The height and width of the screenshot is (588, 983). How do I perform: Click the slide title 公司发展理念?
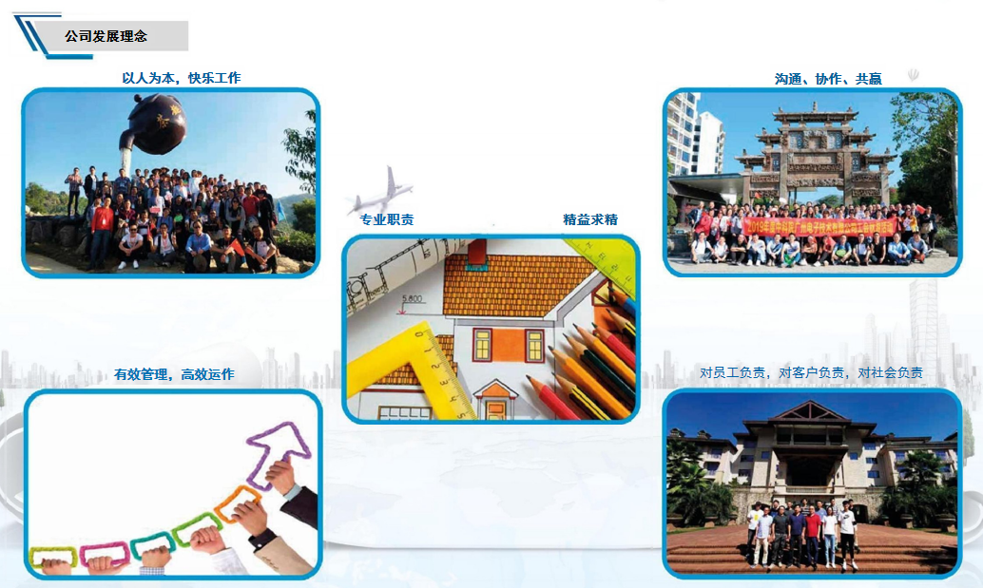tap(106, 37)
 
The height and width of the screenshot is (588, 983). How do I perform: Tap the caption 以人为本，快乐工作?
tap(182, 78)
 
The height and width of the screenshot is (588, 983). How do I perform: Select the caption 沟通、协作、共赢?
tap(828, 79)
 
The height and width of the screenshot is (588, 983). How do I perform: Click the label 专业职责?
tap(386, 219)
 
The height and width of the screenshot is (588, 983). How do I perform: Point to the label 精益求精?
tap(590, 219)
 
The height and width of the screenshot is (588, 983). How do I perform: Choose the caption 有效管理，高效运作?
tap(174, 374)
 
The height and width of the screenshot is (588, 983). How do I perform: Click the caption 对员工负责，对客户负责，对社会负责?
tap(811, 373)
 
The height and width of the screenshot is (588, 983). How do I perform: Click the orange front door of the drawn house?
tap(495, 409)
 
